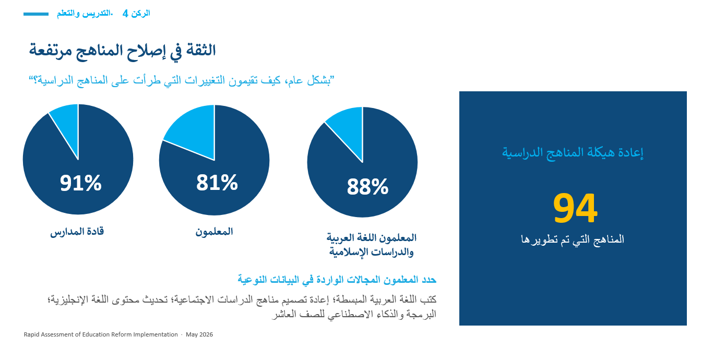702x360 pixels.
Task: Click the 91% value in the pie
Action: [80, 183]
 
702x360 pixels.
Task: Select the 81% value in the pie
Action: [217, 183]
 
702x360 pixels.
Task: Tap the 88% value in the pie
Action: [367, 187]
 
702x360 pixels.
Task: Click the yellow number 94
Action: [575, 208]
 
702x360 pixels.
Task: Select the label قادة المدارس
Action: [77, 232]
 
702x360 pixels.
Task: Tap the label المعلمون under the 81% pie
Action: [214, 232]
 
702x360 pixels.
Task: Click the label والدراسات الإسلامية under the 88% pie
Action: [372, 252]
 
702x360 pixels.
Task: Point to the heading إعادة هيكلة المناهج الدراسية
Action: [573, 153]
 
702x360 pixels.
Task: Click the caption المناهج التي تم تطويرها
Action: [573, 239]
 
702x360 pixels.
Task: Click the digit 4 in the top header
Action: [125, 14]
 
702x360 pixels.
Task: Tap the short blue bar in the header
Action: [36, 14]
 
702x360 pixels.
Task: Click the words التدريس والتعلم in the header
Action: [84, 14]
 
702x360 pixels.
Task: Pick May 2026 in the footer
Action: [199, 334]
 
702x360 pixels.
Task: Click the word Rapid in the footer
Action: [31, 334]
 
